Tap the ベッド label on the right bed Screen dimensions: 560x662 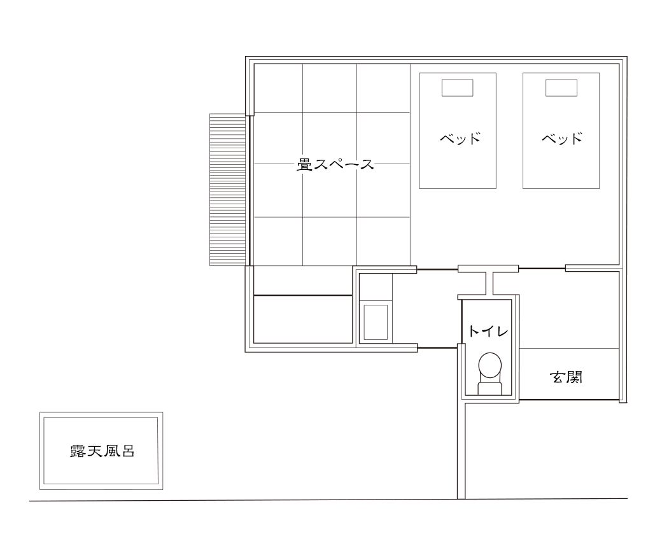coord(562,139)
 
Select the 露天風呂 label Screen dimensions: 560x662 coord(102,452)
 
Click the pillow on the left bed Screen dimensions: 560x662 coord(457,88)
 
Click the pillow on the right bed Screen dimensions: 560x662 coord(561,88)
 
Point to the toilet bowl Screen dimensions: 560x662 coord(489,365)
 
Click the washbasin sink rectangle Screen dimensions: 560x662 coord(375,321)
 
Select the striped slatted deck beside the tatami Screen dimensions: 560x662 coord(228,190)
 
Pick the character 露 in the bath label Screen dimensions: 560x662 coord(77,452)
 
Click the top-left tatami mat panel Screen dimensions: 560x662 coord(278,88)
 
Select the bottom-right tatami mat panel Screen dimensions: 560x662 coord(383,241)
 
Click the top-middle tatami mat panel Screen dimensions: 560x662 coord(329,88)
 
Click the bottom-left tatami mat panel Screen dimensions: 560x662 coord(278,241)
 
